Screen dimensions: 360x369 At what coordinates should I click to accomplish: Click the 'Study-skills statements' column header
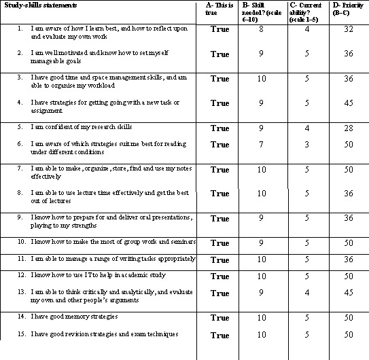(39, 6)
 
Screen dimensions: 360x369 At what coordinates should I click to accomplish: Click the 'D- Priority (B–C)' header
(348, 10)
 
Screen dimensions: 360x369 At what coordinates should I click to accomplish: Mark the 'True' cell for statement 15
(219, 335)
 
